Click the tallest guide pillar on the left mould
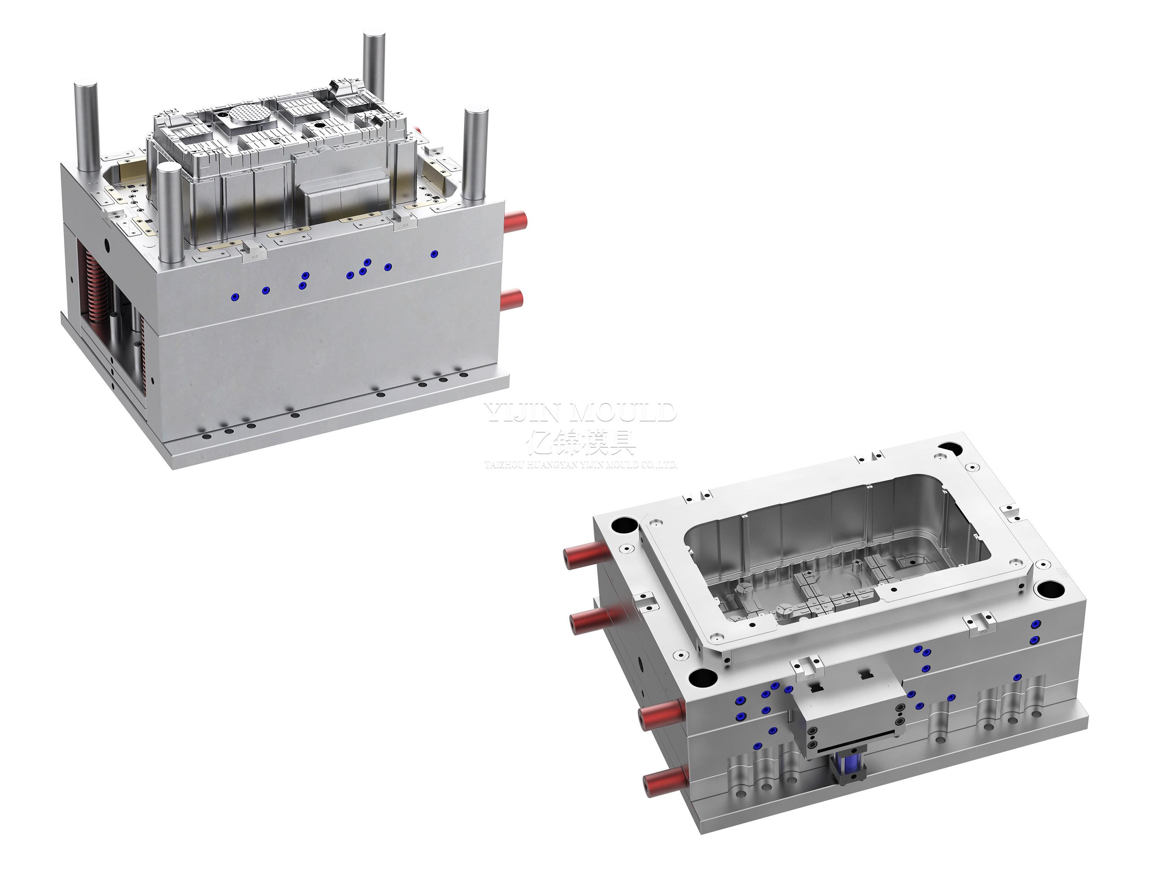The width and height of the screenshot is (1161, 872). pos(374,68)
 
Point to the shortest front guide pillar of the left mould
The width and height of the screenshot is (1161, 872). pos(169,210)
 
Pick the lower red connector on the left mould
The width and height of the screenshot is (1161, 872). pos(512,299)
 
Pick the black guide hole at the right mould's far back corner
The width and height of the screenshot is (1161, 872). pos(949,449)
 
